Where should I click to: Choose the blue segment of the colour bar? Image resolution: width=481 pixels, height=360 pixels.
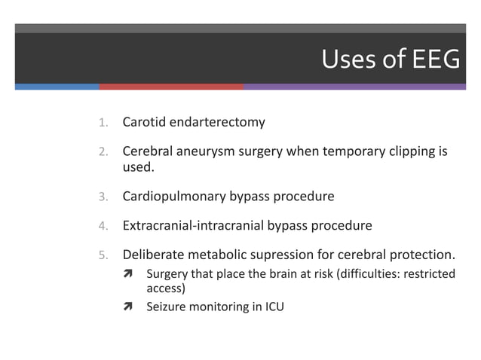[57, 87]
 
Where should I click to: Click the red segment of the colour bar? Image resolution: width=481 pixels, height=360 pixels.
[171, 87]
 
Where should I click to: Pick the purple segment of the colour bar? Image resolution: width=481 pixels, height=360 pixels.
[354, 87]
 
